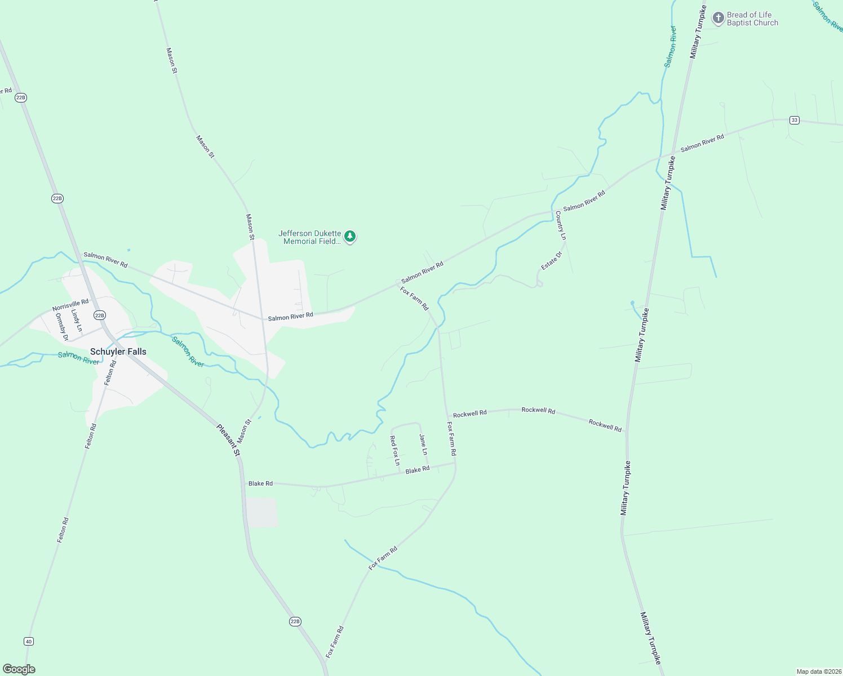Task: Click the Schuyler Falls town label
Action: pyautogui.click(x=118, y=352)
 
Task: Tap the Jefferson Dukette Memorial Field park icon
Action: pyautogui.click(x=350, y=237)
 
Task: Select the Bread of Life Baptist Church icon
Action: pyautogui.click(x=718, y=18)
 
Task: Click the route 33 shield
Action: pyautogui.click(x=794, y=120)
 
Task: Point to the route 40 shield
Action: pyautogui.click(x=29, y=641)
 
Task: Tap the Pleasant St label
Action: pyautogui.click(x=229, y=440)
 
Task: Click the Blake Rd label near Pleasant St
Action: pyautogui.click(x=260, y=483)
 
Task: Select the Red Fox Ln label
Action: pyautogui.click(x=395, y=451)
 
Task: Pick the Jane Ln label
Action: pyautogui.click(x=423, y=444)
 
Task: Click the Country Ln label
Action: pyautogui.click(x=561, y=225)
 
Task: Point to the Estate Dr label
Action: pyautogui.click(x=552, y=260)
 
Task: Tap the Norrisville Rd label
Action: pyautogui.click(x=70, y=305)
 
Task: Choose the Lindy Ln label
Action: pyautogui.click(x=77, y=320)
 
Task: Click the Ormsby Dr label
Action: pyautogui.click(x=61, y=327)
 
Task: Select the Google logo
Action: pyautogui.click(x=19, y=669)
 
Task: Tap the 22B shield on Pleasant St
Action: pyautogui.click(x=295, y=621)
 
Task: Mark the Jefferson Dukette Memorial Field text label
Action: pyautogui.click(x=310, y=237)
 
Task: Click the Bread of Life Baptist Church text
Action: pyautogui.click(x=752, y=19)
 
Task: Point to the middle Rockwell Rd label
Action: pyautogui.click(x=538, y=410)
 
